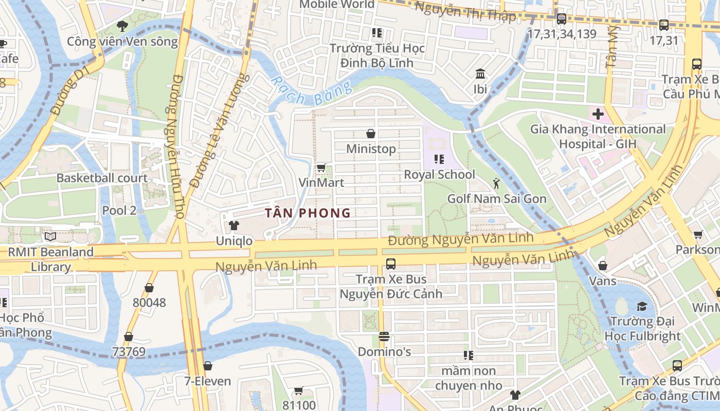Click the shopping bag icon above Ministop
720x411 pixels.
[370, 134]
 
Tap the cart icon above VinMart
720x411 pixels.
[321, 167]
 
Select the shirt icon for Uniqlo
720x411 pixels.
[234, 226]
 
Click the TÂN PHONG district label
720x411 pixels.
[308, 213]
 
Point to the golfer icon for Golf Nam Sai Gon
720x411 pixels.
[496, 183]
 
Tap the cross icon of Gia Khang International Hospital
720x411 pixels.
[598, 114]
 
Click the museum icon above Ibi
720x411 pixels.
[480, 74]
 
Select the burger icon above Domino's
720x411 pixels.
[384, 337]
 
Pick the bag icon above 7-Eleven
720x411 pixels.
[207, 366]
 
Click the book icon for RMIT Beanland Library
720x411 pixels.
[50, 237]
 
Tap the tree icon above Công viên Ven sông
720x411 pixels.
[122, 26]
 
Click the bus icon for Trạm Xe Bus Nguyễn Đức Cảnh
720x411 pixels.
[391, 264]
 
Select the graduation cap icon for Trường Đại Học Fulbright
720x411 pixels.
[642, 307]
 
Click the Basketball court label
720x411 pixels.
[102, 178]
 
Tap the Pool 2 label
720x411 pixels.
[119, 210]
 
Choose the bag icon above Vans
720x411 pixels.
[602, 266]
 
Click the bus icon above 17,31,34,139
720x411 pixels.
[562, 19]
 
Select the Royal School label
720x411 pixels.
[439, 175]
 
